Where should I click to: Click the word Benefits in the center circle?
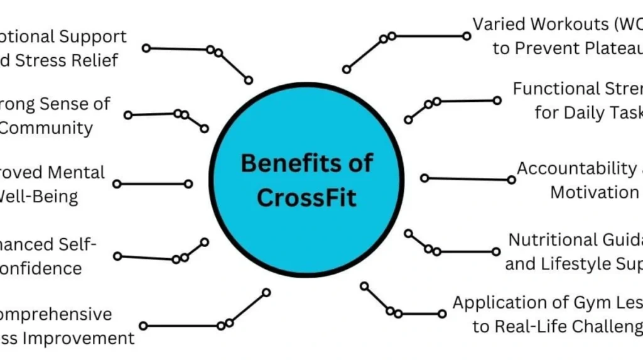point(281,163)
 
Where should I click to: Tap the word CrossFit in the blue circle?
point(306,197)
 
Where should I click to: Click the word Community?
point(46,128)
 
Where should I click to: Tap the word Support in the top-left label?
point(93,36)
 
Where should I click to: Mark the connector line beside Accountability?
point(468,179)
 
